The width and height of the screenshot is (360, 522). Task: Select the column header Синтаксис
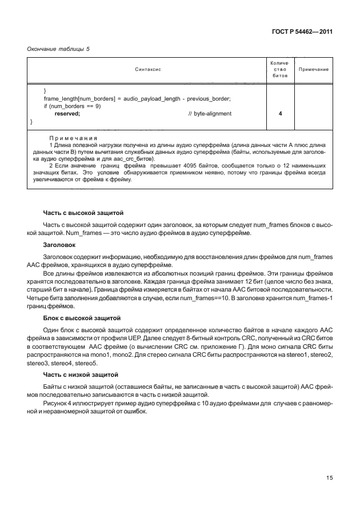tap(148, 69)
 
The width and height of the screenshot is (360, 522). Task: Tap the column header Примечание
tap(314, 69)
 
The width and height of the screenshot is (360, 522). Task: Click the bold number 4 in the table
tap(280, 114)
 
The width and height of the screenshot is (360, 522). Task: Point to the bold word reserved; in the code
tap(67, 114)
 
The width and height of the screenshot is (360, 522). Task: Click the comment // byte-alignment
tap(210, 114)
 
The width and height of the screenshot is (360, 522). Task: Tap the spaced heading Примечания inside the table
tap(73, 138)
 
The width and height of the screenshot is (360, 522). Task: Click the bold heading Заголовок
tap(59, 244)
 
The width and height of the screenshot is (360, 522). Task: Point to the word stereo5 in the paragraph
tap(86, 363)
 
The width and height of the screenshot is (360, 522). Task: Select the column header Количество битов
tap(280, 69)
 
